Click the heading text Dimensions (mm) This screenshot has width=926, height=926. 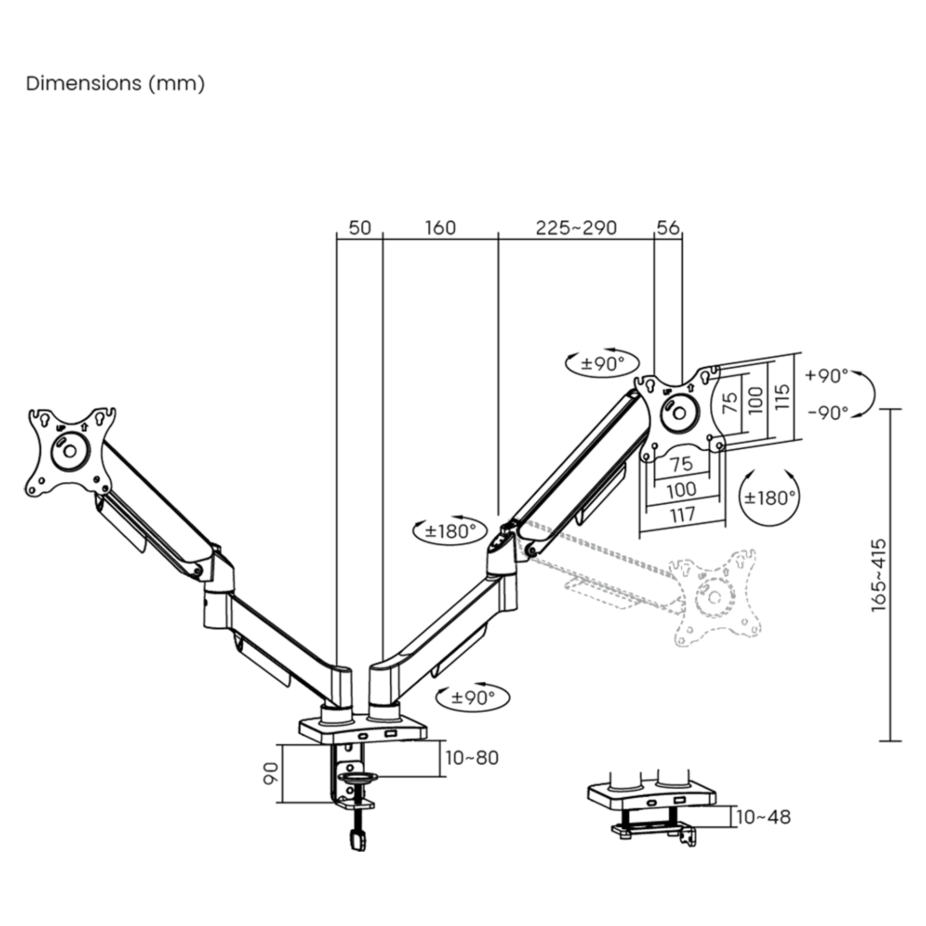[115, 83]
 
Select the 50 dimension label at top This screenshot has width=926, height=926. [360, 228]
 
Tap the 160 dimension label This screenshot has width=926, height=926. [440, 228]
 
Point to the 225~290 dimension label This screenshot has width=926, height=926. [576, 228]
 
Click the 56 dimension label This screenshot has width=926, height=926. [668, 228]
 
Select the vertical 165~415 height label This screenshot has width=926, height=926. [879, 575]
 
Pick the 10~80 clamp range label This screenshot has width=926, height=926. [472, 758]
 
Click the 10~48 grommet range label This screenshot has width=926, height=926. [763, 817]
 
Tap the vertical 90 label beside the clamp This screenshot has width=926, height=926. [271, 773]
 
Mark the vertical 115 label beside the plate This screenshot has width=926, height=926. [783, 397]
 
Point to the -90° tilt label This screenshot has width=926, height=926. [828, 413]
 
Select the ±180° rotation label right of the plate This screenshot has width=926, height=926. [769, 498]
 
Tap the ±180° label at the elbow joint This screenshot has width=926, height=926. [450, 532]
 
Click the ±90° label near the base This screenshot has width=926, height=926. [473, 698]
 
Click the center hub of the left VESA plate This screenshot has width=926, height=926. [70, 451]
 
